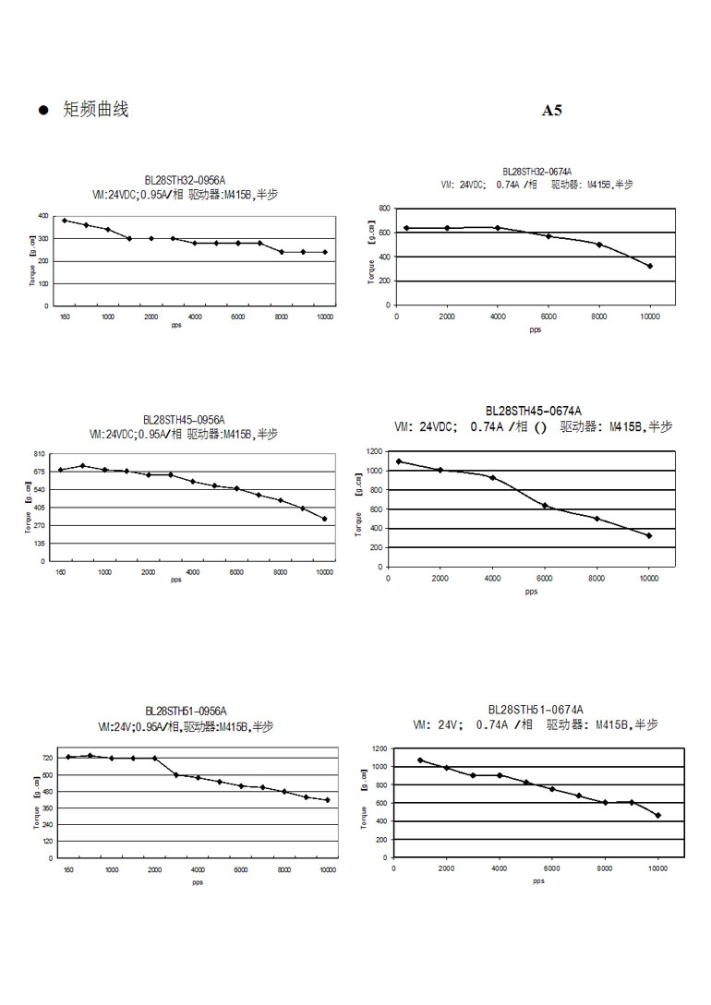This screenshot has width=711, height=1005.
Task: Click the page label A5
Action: point(551,111)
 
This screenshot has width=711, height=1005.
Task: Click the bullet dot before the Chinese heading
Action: point(42,111)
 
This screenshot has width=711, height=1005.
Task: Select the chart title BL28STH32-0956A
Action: point(185,181)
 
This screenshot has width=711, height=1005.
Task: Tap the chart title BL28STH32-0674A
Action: point(536,172)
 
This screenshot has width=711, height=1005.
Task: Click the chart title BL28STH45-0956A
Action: point(185,419)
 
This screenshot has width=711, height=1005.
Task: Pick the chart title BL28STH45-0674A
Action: point(534,411)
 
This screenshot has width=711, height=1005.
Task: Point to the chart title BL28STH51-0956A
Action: point(185,712)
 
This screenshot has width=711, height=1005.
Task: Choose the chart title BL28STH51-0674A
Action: point(535,710)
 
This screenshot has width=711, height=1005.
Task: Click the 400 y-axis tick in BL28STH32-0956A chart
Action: point(43,216)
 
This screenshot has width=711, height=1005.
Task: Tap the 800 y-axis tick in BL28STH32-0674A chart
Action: point(383,209)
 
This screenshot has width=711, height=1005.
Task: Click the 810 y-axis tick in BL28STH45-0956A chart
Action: point(40,454)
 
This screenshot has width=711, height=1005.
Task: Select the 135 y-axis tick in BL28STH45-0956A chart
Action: point(40,544)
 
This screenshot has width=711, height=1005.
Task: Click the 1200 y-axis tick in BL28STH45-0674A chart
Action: point(374,451)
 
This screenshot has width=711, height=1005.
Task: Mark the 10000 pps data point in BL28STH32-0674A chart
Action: point(650,266)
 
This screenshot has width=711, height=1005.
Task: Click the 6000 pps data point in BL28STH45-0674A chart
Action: point(545,505)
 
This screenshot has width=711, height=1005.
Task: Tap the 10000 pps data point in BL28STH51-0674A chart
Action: point(658,815)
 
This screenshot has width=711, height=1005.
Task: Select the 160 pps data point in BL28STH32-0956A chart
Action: point(65,221)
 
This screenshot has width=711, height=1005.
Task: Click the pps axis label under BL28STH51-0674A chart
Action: point(538,880)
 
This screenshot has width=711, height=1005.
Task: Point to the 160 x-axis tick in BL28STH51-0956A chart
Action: point(68,870)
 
